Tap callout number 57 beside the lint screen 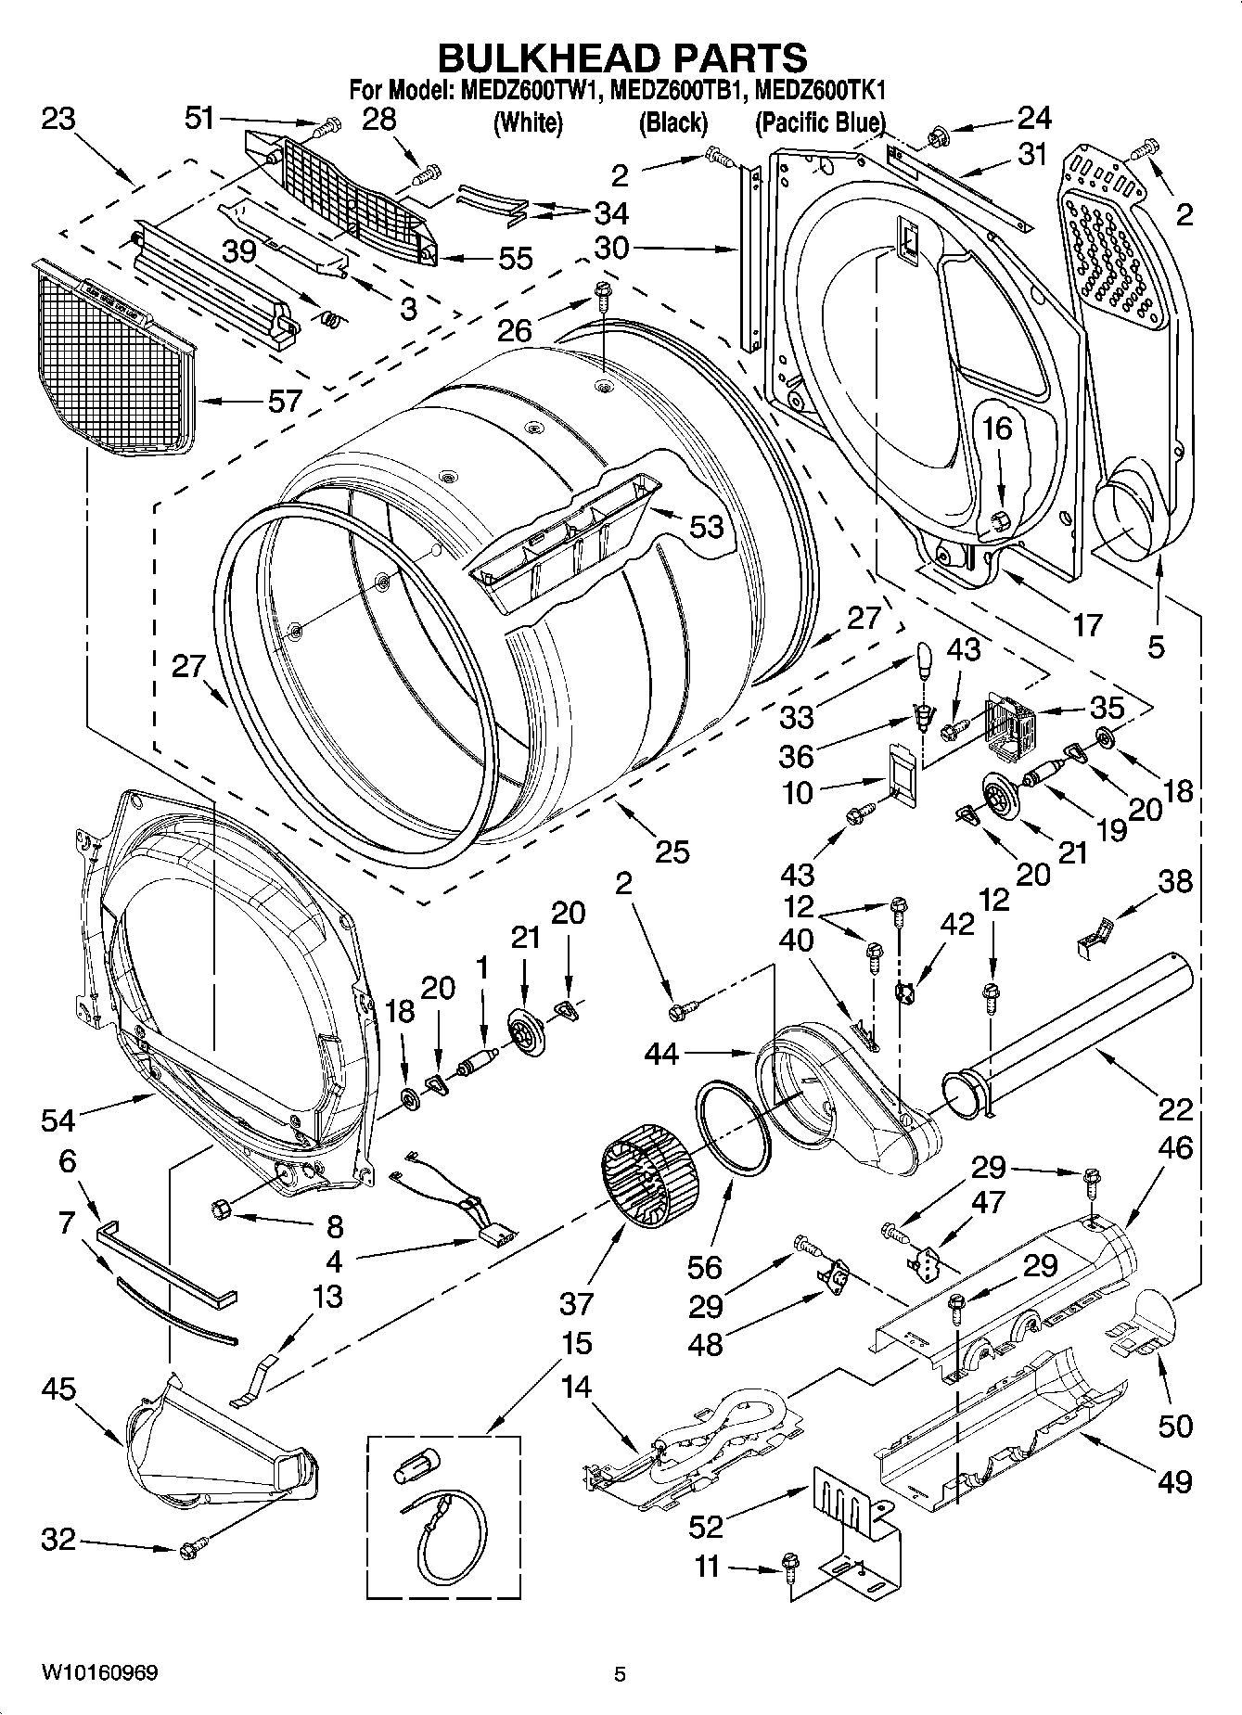coord(285,401)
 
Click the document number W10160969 coord(99,1672)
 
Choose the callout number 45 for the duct coord(58,1389)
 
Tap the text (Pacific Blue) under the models coord(820,122)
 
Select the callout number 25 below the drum coord(672,851)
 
